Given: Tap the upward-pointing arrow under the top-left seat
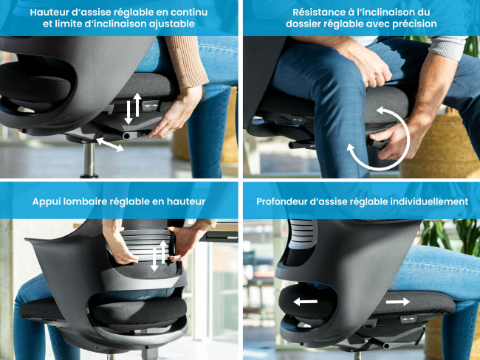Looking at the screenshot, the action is [x=137, y=105].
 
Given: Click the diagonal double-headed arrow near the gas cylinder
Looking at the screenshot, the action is [x=110, y=145].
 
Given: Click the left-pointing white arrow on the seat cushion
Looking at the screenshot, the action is [x=305, y=302].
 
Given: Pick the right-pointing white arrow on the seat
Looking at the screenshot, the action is [x=397, y=302].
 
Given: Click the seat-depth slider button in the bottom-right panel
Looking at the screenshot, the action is [x=408, y=319].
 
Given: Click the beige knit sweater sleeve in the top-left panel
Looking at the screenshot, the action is [x=186, y=60].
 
